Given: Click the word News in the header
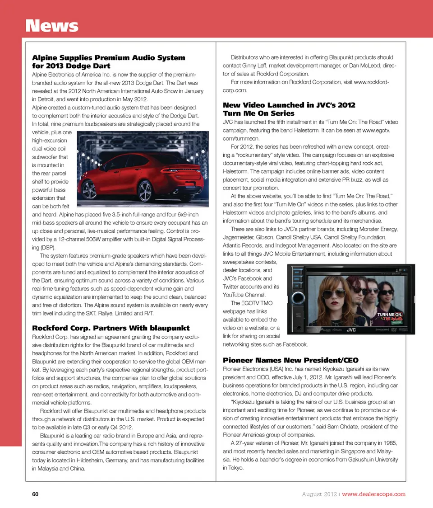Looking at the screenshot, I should tap(52, 26).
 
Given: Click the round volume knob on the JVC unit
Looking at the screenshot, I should tap(298, 299).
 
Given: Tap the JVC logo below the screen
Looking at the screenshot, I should tap(352, 330).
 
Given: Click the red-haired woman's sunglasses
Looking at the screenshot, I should tap(332, 294).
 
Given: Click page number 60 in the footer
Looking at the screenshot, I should tap(35, 494).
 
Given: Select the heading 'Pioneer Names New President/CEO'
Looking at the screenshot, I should tap(290, 360).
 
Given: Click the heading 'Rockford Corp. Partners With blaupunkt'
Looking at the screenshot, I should tap(111, 328).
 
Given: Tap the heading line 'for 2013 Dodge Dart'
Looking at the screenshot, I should tap(71, 66).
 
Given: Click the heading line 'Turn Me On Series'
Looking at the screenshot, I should tap(258, 113).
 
